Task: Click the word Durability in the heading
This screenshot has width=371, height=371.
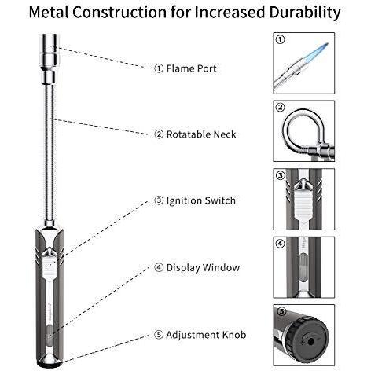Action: (x=305, y=12)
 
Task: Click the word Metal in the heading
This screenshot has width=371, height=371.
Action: (x=49, y=12)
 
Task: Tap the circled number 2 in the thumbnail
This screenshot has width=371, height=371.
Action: (x=281, y=107)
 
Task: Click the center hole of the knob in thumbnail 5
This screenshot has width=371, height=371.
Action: (x=311, y=342)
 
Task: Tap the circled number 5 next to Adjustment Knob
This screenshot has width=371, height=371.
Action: (x=159, y=335)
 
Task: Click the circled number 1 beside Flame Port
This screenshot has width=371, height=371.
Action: (x=159, y=68)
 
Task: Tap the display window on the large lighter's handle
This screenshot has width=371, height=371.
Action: (x=49, y=335)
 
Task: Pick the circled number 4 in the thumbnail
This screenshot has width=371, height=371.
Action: (x=281, y=244)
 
